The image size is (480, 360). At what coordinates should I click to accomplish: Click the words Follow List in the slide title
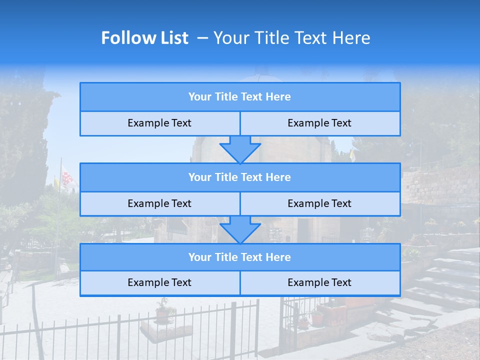click(144, 38)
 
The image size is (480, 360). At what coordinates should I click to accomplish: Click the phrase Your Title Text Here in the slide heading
click(291, 38)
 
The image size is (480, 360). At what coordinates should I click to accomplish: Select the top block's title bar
click(240, 97)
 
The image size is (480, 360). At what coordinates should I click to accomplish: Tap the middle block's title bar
click(240, 177)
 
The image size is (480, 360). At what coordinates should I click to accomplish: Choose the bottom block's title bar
click(240, 257)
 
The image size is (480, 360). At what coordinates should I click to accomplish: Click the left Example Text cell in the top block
click(159, 123)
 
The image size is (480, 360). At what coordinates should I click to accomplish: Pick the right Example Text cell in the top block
click(320, 123)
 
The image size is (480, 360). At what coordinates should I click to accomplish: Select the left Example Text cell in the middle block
click(159, 204)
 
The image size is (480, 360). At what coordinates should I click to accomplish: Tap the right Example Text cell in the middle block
click(320, 204)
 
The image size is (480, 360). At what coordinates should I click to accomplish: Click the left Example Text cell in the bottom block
click(159, 283)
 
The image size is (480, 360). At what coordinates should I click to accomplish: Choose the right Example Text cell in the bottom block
click(320, 283)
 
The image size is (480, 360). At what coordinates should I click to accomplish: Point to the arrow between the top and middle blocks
click(240, 149)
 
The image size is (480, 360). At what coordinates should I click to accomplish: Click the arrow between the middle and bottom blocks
click(240, 229)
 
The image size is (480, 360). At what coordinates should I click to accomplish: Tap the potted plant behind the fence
click(162, 312)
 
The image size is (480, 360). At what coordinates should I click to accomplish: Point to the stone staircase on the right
click(440, 280)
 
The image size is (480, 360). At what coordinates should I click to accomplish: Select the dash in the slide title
click(202, 38)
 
